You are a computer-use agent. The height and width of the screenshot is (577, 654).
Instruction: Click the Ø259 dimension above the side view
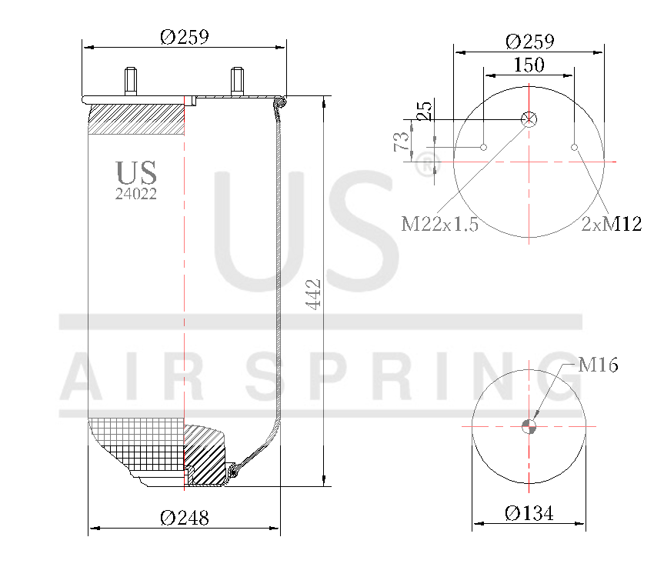click(x=185, y=36)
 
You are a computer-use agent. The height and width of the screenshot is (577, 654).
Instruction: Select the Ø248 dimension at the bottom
click(x=185, y=518)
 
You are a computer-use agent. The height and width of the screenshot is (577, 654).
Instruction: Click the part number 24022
click(x=136, y=195)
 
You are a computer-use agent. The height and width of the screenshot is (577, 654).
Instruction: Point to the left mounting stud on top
click(x=130, y=81)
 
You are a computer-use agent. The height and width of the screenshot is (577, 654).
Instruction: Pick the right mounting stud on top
click(x=236, y=81)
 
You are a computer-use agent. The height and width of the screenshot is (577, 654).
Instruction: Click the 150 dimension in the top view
click(x=529, y=65)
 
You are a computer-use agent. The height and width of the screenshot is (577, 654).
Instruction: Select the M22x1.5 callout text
click(x=440, y=224)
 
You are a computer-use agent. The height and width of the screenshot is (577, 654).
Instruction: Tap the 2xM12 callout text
click(x=612, y=224)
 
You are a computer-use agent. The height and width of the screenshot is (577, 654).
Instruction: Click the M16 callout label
click(x=598, y=365)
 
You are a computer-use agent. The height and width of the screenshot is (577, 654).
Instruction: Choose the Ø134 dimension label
click(x=529, y=513)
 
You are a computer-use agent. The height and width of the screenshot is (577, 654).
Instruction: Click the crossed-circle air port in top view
click(x=529, y=118)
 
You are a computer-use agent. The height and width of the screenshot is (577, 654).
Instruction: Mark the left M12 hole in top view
click(x=484, y=147)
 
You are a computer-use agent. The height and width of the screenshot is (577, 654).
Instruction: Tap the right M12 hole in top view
click(x=574, y=147)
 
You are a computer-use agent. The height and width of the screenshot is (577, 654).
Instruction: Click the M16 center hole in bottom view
click(x=529, y=426)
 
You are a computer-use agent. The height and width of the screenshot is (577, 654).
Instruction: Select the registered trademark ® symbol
click(x=426, y=163)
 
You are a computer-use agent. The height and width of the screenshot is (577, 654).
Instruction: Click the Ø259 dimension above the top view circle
click(x=530, y=41)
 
